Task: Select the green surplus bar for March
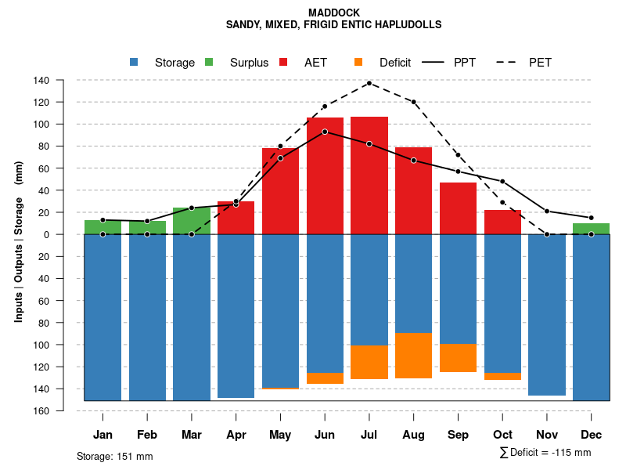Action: [x=191, y=221]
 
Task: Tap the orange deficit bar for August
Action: [x=414, y=356]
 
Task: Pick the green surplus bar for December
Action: [x=592, y=229]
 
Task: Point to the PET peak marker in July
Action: [x=369, y=83]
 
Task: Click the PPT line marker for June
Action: [x=325, y=132]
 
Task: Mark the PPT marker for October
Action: [x=502, y=182]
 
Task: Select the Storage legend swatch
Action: [x=135, y=63]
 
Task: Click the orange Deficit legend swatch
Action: [x=359, y=63]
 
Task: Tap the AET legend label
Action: [x=315, y=63]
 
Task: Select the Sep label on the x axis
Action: [x=459, y=435]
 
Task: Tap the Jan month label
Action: [x=103, y=435]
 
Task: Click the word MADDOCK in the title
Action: [x=333, y=13]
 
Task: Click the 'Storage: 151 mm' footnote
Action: [x=115, y=456]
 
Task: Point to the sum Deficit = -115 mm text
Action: [x=545, y=453]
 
